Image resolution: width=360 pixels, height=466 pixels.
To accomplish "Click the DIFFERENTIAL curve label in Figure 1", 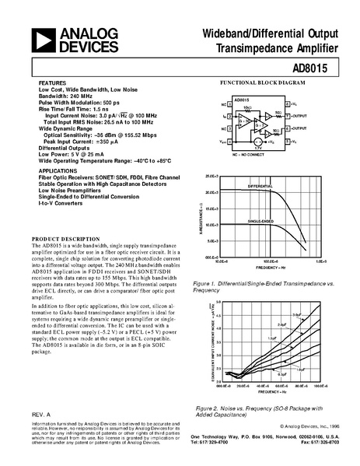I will pyautogui.click(x=261, y=187).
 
